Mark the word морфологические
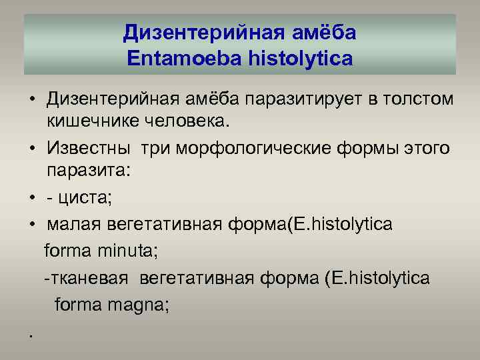click(266, 147)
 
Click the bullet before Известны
click(31, 148)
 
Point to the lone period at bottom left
click(31, 335)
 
